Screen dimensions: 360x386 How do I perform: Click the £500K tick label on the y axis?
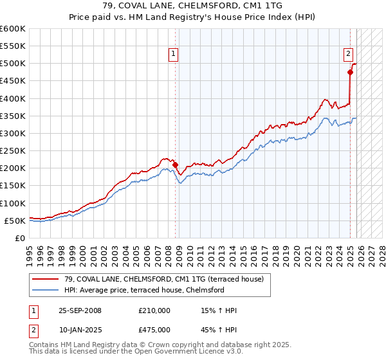[x=13, y=64]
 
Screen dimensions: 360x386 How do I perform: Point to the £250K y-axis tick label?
[x=13, y=150]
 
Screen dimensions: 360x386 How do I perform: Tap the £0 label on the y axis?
[x=19, y=238]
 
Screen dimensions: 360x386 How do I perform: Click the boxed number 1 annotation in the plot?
[x=174, y=55]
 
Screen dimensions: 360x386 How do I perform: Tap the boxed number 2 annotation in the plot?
[x=348, y=55]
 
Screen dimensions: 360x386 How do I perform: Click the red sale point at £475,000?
[x=351, y=72]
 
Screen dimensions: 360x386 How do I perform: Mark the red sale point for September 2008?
[x=176, y=165]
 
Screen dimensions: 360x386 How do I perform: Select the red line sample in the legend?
[x=46, y=279]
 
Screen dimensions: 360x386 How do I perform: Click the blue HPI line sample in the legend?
[x=46, y=290]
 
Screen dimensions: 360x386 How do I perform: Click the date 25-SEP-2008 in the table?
[x=80, y=310]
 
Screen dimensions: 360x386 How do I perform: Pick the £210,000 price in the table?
[x=154, y=310]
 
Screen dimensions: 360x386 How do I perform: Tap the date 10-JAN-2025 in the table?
[x=80, y=330]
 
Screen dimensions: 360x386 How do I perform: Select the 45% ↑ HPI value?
[x=219, y=330]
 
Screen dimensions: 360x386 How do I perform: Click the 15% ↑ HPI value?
[x=219, y=310]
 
